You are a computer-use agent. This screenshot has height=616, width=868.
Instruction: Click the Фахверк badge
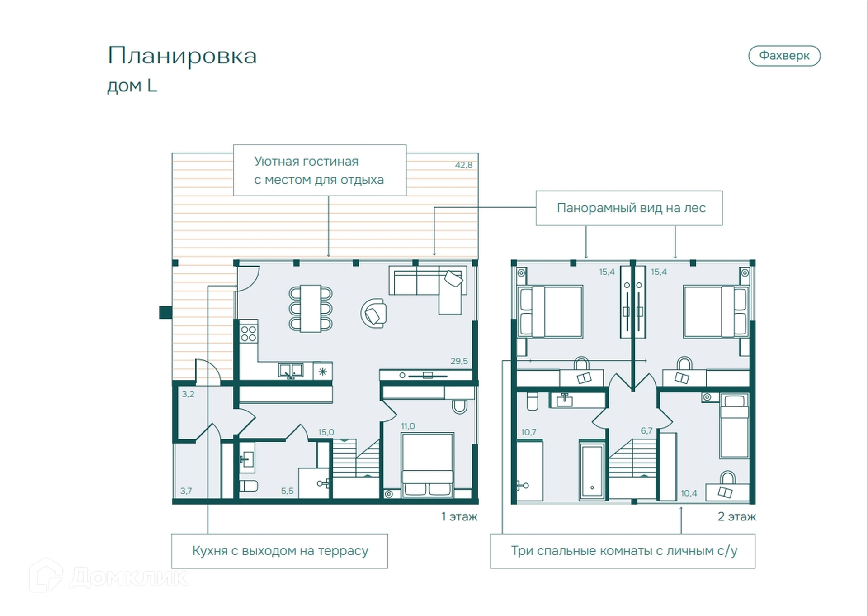pyautogui.click(x=784, y=56)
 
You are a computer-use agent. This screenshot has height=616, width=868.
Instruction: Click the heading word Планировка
pyautogui.click(x=182, y=56)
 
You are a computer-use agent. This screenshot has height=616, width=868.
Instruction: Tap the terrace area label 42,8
pyautogui.click(x=463, y=165)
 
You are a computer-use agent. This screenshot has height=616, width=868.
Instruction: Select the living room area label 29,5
pyautogui.click(x=459, y=361)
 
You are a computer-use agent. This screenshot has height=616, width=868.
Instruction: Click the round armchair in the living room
pyautogui.click(x=374, y=313)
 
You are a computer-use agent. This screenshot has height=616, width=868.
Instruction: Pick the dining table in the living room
pyautogui.click(x=311, y=308)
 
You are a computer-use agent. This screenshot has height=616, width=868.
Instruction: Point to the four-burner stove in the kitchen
pyautogui.click(x=248, y=333)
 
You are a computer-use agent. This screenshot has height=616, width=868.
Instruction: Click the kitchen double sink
pyautogui.click(x=291, y=371)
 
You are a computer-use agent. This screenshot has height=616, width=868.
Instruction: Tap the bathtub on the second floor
pyautogui.click(x=592, y=471)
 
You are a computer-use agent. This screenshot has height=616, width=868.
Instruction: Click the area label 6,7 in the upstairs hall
pyautogui.click(x=646, y=431)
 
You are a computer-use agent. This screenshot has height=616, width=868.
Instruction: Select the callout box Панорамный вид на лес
pyautogui.click(x=629, y=208)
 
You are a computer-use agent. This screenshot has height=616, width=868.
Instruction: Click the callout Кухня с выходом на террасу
pyautogui.click(x=279, y=551)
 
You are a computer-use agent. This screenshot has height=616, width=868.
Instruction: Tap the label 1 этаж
pyautogui.click(x=459, y=517)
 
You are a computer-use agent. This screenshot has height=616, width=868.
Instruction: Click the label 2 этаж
pyautogui.click(x=736, y=517)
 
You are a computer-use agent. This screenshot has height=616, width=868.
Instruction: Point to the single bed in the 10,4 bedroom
pyautogui.click(x=734, y=426)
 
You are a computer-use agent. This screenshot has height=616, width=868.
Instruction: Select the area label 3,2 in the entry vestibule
pyautogui.click(x=188, y=394)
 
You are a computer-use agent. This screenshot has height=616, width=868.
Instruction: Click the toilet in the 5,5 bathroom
pyautogui.click(x=248, y=486)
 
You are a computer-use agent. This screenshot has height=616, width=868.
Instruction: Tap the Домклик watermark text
pyautogui.click(x=129, y=578)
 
